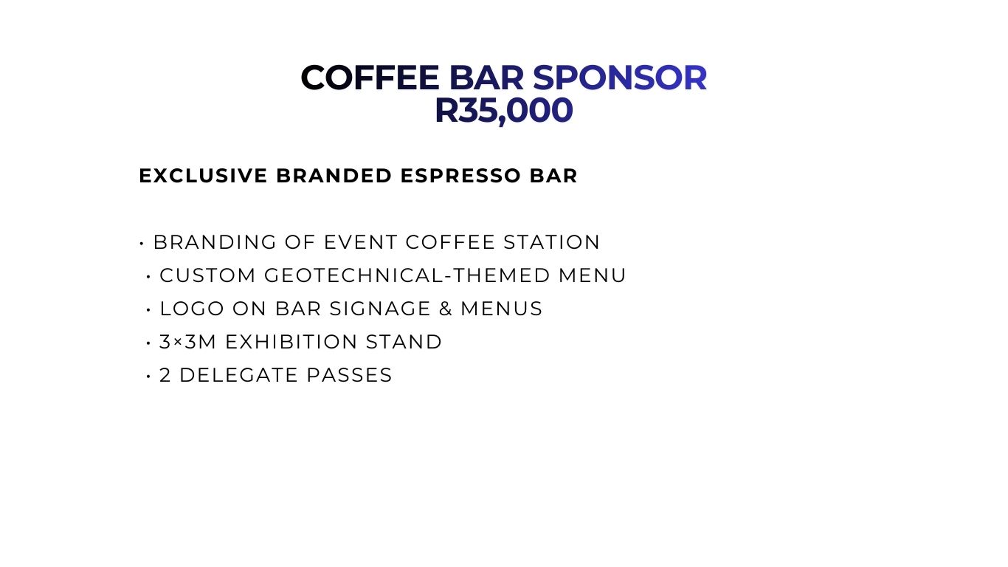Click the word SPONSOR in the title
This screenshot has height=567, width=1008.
point(620,78)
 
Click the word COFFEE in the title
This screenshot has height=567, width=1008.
point(370,78)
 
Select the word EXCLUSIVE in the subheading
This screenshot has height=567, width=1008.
point(204,176)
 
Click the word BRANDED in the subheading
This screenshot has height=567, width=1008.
point(334,176)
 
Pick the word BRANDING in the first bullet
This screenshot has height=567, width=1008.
point(215,242)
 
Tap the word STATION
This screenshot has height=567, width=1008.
point(552,242)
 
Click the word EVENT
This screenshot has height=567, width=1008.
point(361,242)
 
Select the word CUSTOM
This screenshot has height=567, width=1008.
point(208,275)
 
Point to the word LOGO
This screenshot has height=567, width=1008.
point(192,309)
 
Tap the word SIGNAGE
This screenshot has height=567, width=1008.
point(380,309)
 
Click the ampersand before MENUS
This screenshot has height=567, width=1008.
point(446,309)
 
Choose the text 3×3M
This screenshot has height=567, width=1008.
point(188,343)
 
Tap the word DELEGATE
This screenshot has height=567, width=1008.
point(238,376)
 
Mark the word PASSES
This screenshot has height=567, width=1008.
point(349,376)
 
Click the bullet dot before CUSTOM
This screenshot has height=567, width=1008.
point(148,277)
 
